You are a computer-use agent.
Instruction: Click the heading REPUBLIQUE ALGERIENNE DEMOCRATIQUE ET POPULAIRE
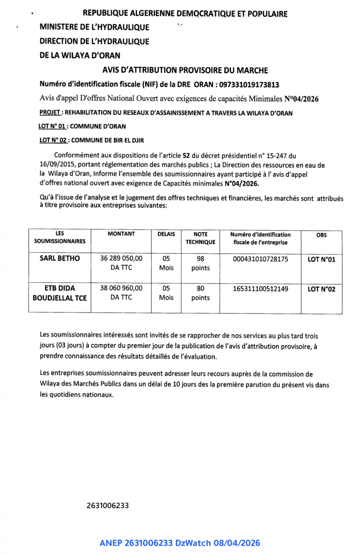tap(185, 14)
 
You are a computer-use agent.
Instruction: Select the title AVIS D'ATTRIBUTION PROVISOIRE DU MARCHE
tap(185, 70)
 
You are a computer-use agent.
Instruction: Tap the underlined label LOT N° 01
tap(52, 126)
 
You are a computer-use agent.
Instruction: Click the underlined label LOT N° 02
tap(52, 140)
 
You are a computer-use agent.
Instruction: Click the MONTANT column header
tap(121, 234)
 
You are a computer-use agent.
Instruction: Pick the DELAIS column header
tap(166, 234)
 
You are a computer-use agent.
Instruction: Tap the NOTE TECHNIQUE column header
tap(200, 238)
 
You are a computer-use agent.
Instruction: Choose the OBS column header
tap(322, 235)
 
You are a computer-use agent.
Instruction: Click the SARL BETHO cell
tap(60, 258)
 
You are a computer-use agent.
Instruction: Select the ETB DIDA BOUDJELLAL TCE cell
tap(60, 293)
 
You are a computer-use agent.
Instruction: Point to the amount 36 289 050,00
tap(121, 258)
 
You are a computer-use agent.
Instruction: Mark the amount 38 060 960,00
tap(121, 289)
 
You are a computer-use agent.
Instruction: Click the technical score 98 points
tap(200, 263)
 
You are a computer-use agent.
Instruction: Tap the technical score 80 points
tap(200, 293)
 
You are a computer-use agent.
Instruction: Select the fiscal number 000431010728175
tap(260, 258)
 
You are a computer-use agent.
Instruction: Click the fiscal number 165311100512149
tap(260, 289)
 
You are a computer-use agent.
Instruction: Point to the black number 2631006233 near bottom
tap(107, 505)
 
